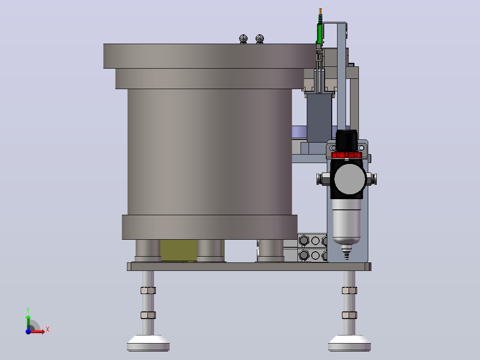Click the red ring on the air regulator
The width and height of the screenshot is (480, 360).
pyautogui.click(x=347, y=155)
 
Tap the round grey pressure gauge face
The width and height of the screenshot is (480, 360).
pyautogui.click(x=350, y=179)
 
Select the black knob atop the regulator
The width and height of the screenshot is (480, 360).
pyautogui.click(x=346, y=140)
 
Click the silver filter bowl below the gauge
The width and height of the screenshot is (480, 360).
pyautogui.click(x=346, y=221)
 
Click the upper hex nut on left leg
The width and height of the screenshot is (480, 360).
pyautogui.click(x=148, y=290)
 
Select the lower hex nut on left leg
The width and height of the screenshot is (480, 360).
pyautogui.click(x=148, y=315)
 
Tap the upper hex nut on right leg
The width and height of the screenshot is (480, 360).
pyautogui.click(x=349, y=290)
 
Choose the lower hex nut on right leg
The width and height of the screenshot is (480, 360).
pyautogui.click(x=349, y=315)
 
